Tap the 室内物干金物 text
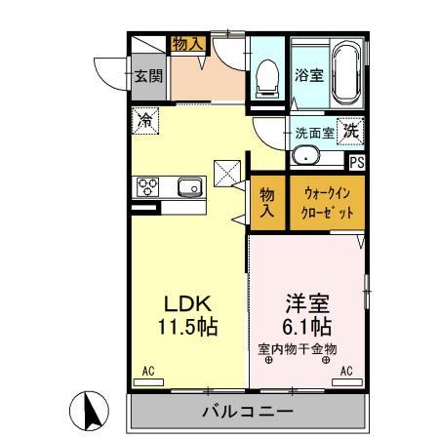298,348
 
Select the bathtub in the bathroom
346,74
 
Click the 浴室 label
310,75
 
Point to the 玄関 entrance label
147,75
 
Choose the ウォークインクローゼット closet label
327,203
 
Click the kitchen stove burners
149,185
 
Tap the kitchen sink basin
189,184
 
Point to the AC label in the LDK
148,371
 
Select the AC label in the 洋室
346,371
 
